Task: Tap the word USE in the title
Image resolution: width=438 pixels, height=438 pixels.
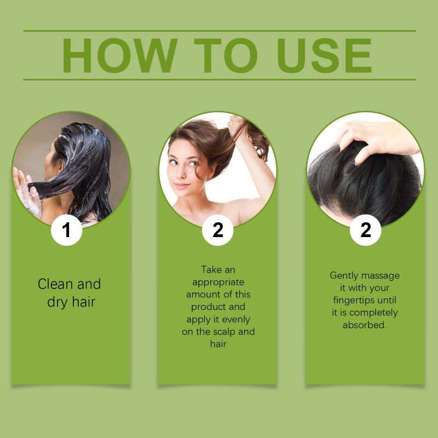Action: (x=324, y=55)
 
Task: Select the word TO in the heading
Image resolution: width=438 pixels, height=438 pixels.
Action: (x=226, y=55)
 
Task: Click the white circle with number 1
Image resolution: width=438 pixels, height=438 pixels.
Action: (x=66, y=230)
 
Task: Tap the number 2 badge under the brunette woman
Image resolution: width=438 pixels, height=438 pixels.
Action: (x=217, y=230)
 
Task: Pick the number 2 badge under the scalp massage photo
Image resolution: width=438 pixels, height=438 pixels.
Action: (x=365, y=230)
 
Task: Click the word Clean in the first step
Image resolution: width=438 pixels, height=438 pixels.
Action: (x=55, y=284)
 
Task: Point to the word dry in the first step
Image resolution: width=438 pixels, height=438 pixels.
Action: (x=57, y=303)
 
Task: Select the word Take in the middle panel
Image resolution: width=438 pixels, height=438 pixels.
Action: (x=211, y=269)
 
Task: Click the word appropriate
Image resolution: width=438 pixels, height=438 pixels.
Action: (x=218, y=283)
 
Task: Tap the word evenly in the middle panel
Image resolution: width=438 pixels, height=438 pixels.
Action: (x=236, y=320)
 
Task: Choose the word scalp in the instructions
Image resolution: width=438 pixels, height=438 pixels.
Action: (x=224, y=332)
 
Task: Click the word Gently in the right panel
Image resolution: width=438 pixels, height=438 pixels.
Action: (x=344, y=276)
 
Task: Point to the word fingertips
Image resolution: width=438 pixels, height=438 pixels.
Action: (x=354, y=301)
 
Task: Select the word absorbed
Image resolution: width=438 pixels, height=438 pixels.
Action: (x=365, y=325)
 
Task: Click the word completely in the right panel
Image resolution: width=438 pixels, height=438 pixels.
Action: (x=373, y=313)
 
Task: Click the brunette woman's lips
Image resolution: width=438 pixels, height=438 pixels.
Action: (x=181, y=185)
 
